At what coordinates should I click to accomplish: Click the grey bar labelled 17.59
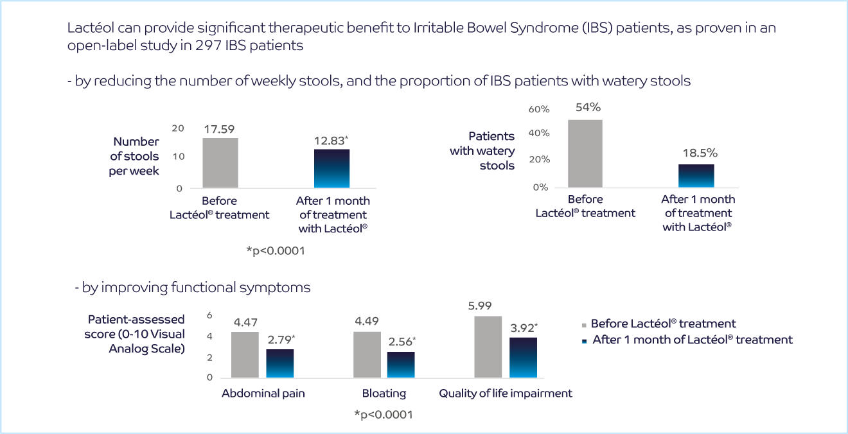click(x=220, y=163)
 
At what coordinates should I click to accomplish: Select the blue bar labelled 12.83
click(x=332, y=168)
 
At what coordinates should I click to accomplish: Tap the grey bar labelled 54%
click(x=585, y=153)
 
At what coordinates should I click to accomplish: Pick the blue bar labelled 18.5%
click(x=696, y=176)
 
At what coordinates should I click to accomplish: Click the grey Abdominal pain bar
click(x=245, y=354)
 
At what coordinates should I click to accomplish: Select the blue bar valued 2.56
click(x=400, y=365)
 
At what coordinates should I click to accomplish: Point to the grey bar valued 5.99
click(x=488, y=347)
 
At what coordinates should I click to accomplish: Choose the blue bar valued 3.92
click(x=523, y=357)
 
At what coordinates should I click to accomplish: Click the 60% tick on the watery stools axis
click(x=539, y=110)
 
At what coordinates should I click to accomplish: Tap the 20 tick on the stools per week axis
click(x=177, y=128)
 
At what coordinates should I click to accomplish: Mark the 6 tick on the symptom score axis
click(x=209, y=316)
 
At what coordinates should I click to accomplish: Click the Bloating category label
click(x=384, y=394)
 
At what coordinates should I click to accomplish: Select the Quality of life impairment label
click(x=506, y=394)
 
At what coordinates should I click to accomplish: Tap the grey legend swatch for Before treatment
click(x=584, y=325)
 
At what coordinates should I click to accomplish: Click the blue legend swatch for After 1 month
click(x=584, y=341)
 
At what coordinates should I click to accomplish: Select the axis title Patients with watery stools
click(x=491, y=151)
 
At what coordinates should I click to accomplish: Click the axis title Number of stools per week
click(x=136, y=156)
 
